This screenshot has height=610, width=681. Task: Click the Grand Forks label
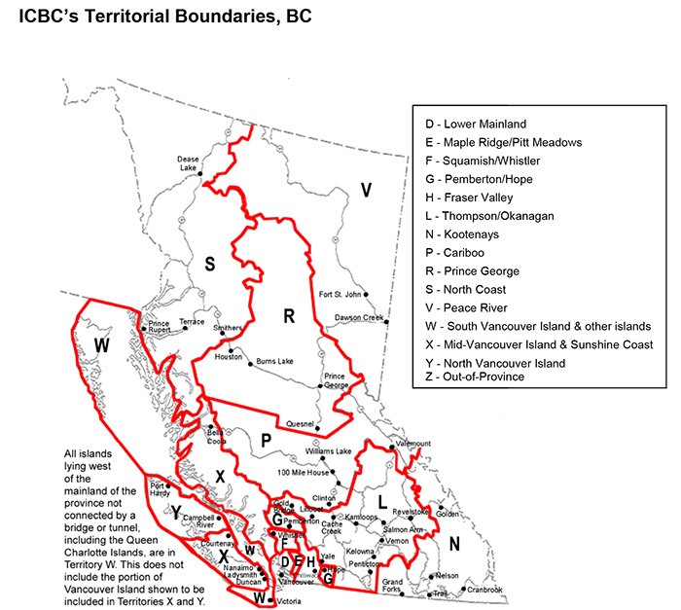pyautogui.click(x=392, y=586)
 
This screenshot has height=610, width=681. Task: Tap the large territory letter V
pyautogui.click(x=366, y=190)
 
